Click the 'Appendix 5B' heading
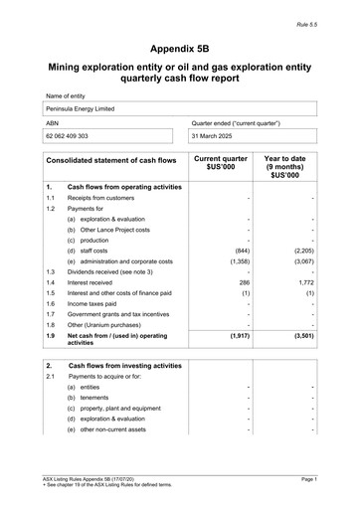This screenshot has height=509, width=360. pyautogui.click(x=180, y=48)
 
